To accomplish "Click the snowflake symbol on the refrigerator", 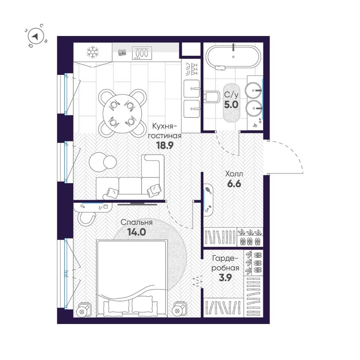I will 93,52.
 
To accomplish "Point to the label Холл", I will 234,173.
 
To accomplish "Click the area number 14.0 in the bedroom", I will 137,232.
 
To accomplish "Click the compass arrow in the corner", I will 36,37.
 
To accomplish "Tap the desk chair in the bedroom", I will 87,217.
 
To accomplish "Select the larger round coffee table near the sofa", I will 98,161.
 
